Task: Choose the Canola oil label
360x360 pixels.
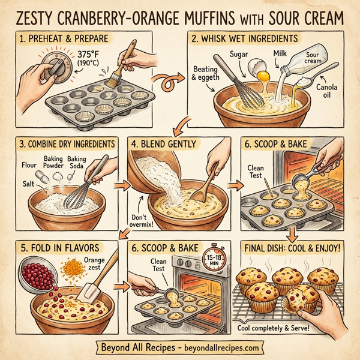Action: click(326, 93)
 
